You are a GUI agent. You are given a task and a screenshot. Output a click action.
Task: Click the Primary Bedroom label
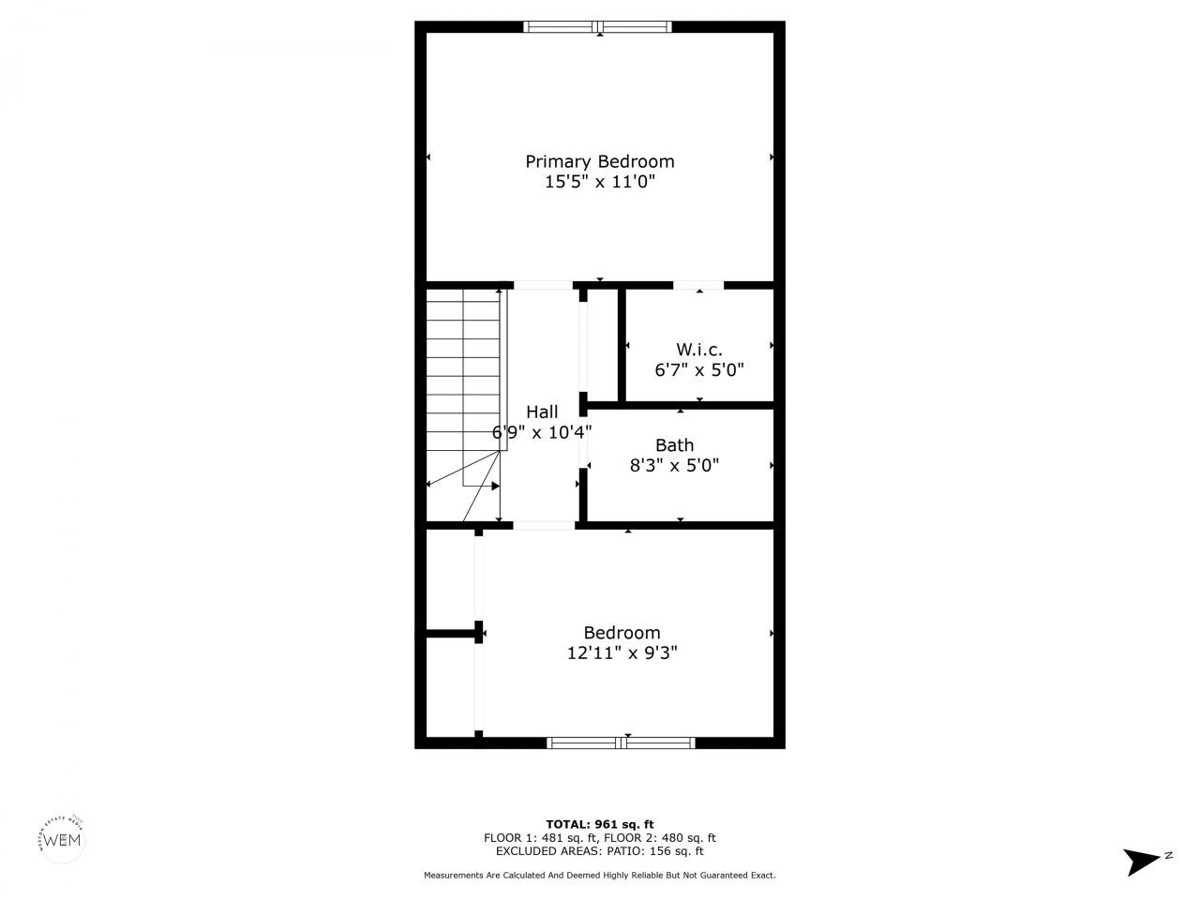coord(599,161)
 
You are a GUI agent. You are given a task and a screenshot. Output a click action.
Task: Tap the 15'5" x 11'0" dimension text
coord(599,182)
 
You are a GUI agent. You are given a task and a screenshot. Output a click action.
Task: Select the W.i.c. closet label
coord(699,349)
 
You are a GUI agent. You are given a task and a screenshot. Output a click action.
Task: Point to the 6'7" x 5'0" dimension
coord(699,369)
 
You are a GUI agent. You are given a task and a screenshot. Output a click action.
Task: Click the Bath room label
coord(674,445)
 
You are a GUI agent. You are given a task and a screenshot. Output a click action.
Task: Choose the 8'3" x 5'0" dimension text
coord(674,465)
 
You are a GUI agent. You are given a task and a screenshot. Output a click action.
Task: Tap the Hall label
coord(542,412)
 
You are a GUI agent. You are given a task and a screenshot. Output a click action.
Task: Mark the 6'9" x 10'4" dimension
coord(542,432)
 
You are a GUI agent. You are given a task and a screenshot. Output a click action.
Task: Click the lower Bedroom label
coord(622,633)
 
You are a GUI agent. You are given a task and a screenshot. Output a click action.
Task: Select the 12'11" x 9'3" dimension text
coord(622,653)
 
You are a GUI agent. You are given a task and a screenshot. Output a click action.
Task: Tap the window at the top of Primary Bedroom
coord(597,27)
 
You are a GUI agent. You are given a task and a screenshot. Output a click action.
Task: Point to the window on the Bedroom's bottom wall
coord(621,742)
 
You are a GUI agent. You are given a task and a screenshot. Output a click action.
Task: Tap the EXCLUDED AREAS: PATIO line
coord(599,851)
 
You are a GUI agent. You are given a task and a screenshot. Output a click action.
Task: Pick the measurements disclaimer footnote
coord(599,875)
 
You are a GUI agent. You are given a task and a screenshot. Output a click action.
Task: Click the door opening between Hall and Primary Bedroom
coord(543,284)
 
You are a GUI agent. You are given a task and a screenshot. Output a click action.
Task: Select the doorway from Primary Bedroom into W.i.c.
coord(698,284)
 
